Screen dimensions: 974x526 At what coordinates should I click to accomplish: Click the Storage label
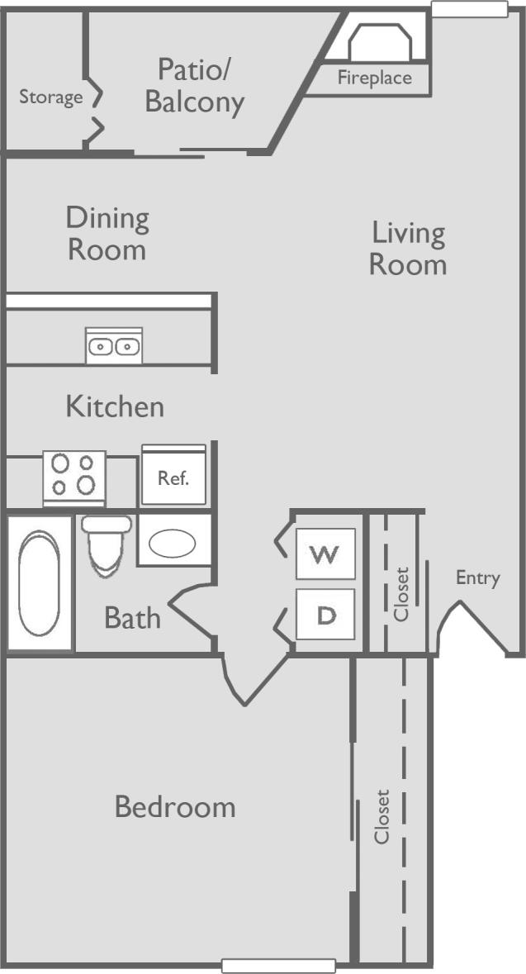pos(51,97)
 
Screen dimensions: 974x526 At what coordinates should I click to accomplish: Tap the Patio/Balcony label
pos(195,86)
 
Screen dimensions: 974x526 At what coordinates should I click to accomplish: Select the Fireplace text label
pos(374,79)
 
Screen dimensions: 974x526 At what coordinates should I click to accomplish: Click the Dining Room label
pos(107,234)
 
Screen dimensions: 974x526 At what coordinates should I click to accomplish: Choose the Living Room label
pos(408,249)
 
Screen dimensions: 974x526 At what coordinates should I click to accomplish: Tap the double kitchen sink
pos(114,346)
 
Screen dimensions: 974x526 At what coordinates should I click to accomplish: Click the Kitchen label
pos(115,406)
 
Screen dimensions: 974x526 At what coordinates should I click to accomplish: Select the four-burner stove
pos(73,477)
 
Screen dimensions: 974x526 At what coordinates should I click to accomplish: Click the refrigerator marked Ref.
pos(174,476)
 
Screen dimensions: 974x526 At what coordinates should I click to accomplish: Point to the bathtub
pos(39,583)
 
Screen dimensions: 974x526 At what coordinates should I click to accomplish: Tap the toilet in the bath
pos(106,544)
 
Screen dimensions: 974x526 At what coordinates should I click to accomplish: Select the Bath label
pos(132,618)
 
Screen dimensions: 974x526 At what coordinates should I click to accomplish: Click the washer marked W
pos(325,554)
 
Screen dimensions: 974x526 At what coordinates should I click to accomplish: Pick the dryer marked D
pos(325,616)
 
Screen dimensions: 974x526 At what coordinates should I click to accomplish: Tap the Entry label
pos(478,578)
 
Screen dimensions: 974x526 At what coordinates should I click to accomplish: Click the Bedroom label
pos(175,806)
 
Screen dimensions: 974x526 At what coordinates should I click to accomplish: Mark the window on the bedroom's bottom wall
pos(279,965)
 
